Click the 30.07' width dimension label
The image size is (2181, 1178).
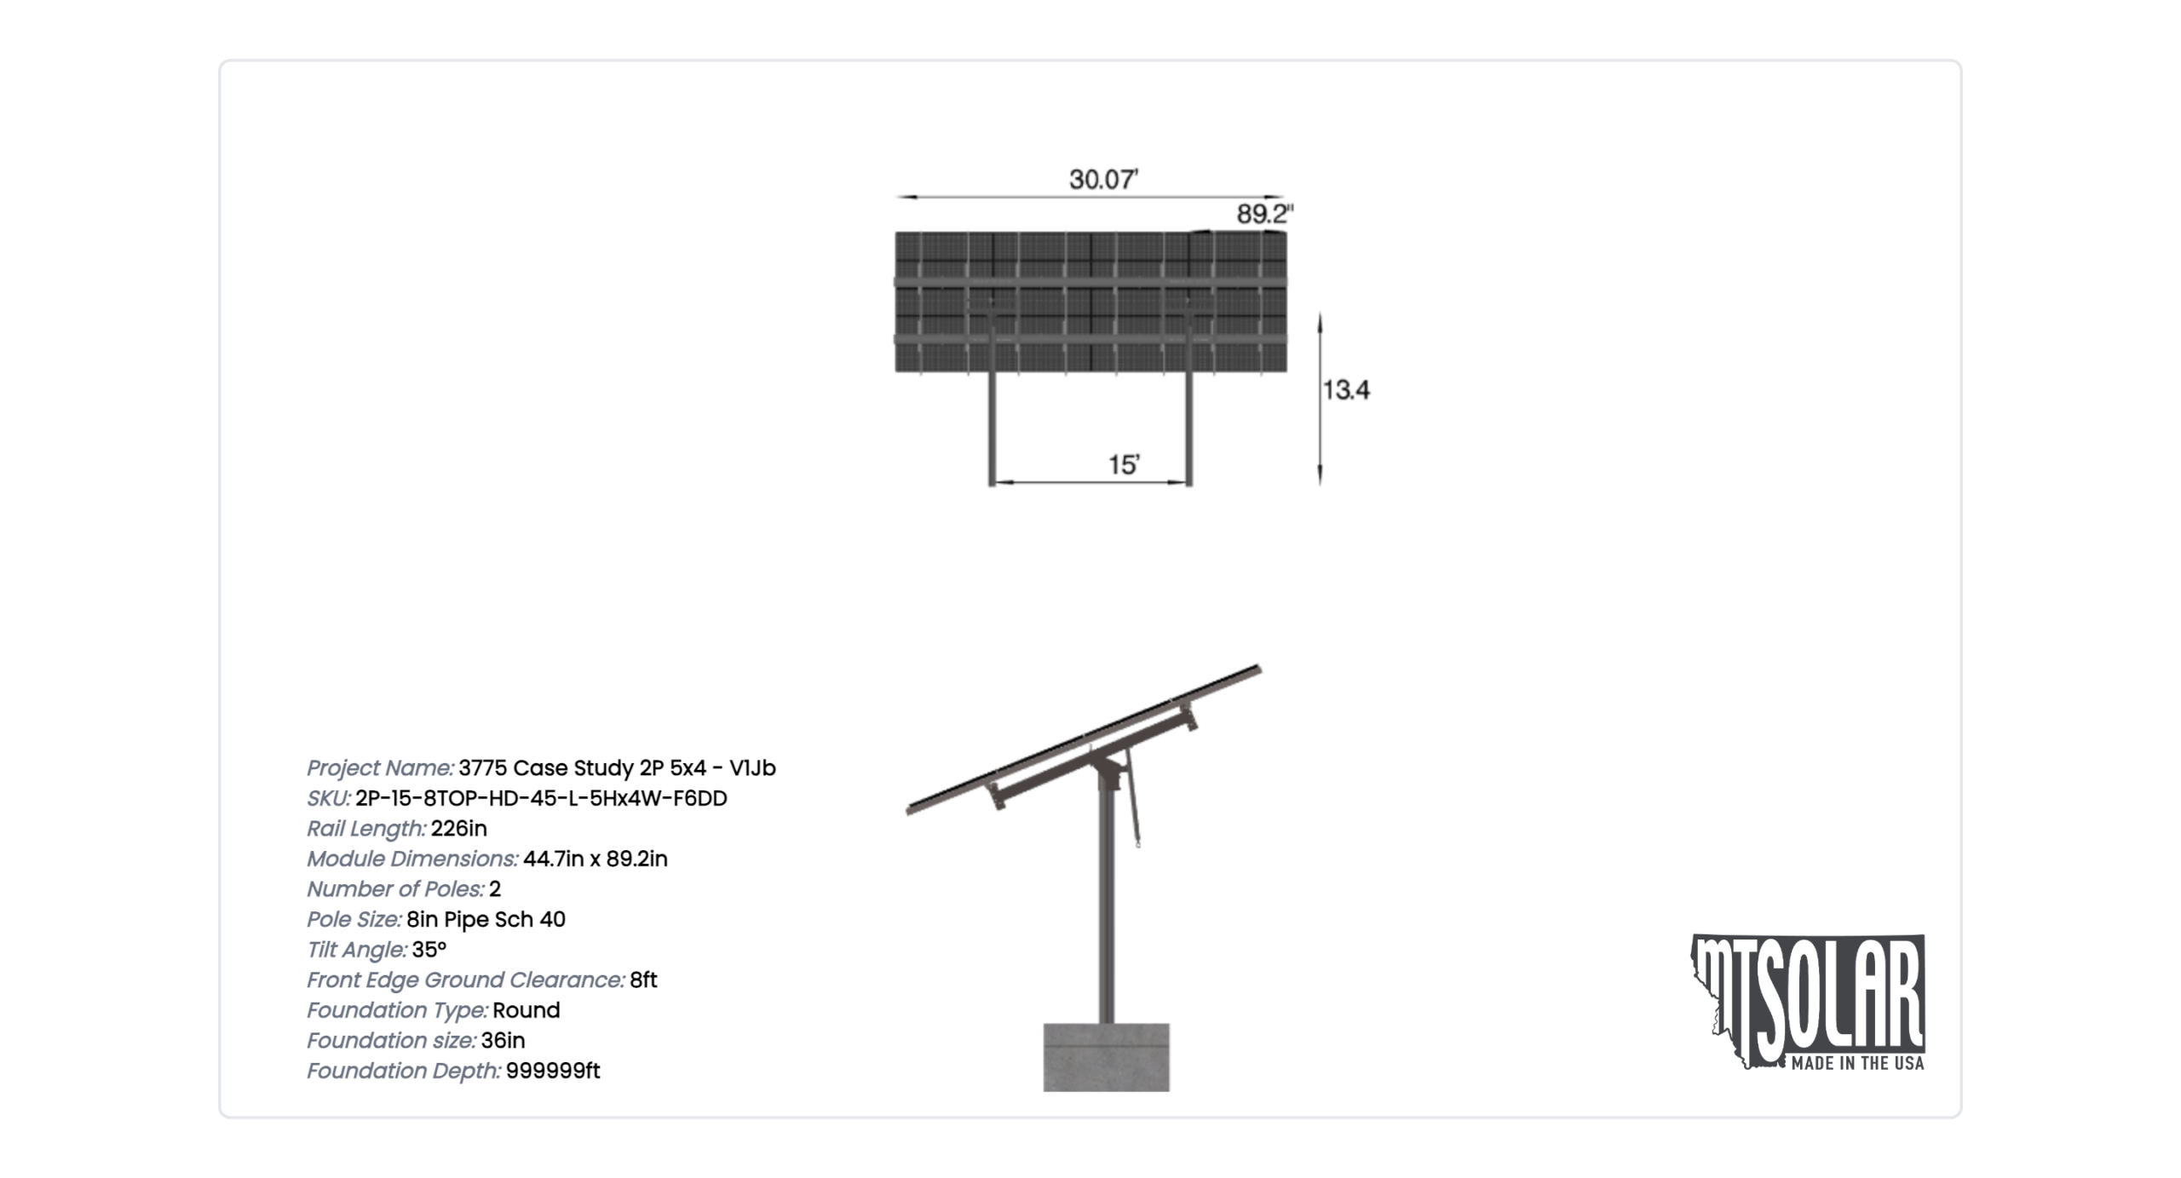click(x=1103, y=180)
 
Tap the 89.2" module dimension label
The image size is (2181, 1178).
click(x=1265, y=214)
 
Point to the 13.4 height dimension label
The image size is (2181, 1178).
click(x=1346, y=390)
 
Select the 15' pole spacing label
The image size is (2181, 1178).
click(x=1124, y=465)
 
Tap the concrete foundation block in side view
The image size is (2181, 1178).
click(x=1106, y=1057)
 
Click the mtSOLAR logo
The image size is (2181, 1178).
click(x=1808, y=1002)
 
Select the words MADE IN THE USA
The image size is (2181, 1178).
click(x=1857, y=1063)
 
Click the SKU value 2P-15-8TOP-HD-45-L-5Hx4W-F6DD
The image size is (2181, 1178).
click(x=541, y=799)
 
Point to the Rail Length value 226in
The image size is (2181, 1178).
click(x=458, y=829)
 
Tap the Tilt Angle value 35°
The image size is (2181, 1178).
click(x=429, y=950)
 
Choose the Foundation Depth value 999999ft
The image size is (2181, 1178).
click(x=553, y=1071)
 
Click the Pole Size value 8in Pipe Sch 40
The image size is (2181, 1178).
click(x=486, y=920)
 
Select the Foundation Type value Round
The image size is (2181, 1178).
click(x=526, y=1010)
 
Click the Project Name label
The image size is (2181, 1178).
click(x=380, y=768)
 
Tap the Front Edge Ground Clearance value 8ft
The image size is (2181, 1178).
click(x=643, y=980)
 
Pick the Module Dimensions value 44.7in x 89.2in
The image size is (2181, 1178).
click(x=595, y=859)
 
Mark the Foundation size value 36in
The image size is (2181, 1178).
click(x=503, y=1041)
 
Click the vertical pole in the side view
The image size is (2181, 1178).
click(x=1106, y=903)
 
